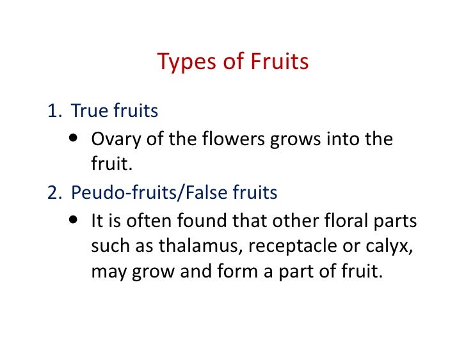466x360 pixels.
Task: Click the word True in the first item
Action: click(x=89, y=111)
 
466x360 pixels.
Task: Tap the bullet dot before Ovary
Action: click(x=75, y=137)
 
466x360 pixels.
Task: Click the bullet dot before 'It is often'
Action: click(x=75, y=219)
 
